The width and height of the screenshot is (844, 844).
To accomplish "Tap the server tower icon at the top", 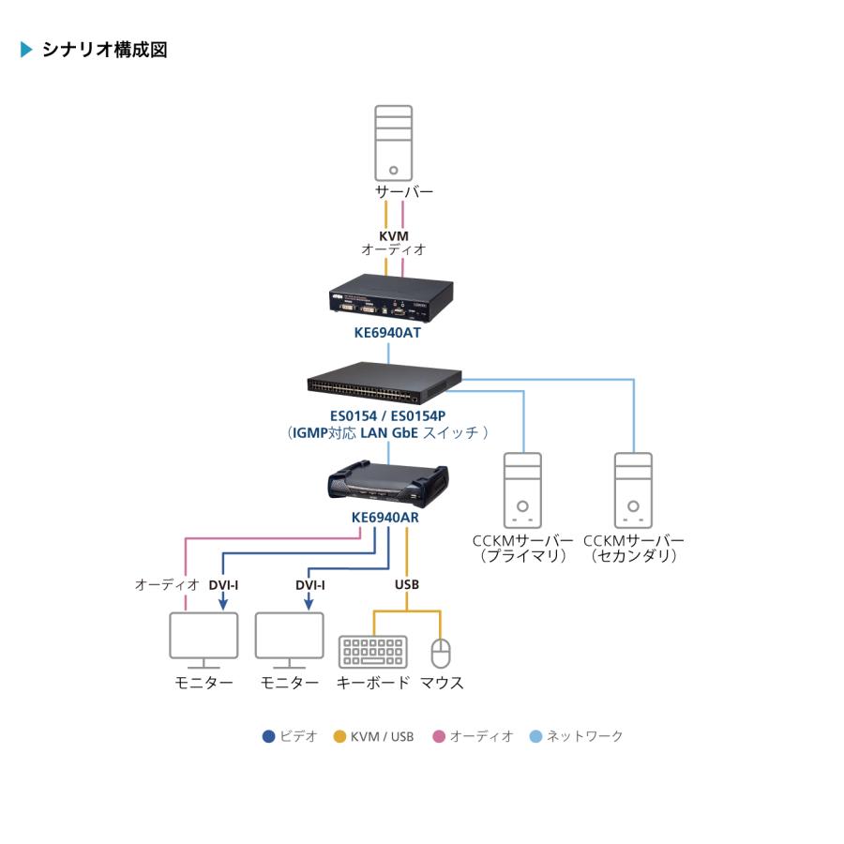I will [x=393, y=143].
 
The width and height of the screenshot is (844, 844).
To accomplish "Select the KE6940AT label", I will [x=387, y=332].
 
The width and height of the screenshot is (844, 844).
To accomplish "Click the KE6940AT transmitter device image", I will [x=387, y=299].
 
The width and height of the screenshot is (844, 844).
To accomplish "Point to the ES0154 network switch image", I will [x=384, y=379].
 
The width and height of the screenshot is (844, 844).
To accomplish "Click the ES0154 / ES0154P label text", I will [x=388, y=416].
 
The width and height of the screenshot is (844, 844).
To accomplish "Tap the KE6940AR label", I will [x=388, y=518].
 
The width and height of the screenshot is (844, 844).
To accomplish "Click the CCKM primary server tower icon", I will [x=522, y=490].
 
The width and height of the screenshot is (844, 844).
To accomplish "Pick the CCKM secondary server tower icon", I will [x=633, y=490].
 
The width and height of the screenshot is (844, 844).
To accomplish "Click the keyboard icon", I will [x=372, y=653].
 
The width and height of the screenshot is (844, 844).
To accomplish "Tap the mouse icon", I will [x=441, y=653].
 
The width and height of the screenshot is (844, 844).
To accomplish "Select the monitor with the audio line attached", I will [x=203, y=638].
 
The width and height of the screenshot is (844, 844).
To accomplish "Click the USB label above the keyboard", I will [x=407, y=584].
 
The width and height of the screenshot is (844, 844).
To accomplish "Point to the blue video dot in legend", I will [x=268, y=736].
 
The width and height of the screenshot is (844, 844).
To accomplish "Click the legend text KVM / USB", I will [x=382, y=736].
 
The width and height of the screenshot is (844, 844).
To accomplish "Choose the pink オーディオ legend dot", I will [x=438, y=736].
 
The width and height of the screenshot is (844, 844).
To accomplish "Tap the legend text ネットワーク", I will [x=584, y=736].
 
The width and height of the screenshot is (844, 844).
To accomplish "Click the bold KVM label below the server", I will [x=394, y=235].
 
